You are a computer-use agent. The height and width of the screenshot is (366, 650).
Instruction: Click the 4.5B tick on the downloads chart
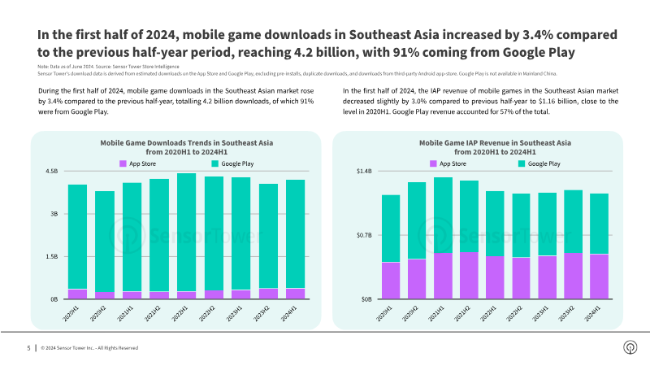click(x=52, y=172)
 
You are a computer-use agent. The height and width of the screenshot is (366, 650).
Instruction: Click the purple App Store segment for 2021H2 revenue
click(x=469, y=275)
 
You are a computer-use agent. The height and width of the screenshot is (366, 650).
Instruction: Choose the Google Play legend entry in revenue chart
click(x=539, y=163)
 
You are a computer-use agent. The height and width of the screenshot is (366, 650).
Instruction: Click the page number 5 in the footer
click(x=28, y=348)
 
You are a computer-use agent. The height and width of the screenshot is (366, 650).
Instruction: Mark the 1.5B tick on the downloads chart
click(x=52, y=256)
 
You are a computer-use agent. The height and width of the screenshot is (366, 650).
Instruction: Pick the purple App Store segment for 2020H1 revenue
click(x=391, y=281)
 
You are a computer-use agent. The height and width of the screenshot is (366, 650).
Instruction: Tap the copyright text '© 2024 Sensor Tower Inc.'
click(x=78, y=348)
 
